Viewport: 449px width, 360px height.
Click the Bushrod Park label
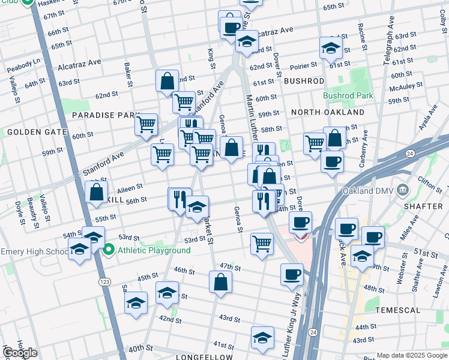348,95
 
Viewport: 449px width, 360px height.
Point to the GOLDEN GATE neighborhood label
28,132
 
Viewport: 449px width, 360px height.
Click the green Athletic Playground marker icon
109,250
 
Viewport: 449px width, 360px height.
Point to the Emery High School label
34,251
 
